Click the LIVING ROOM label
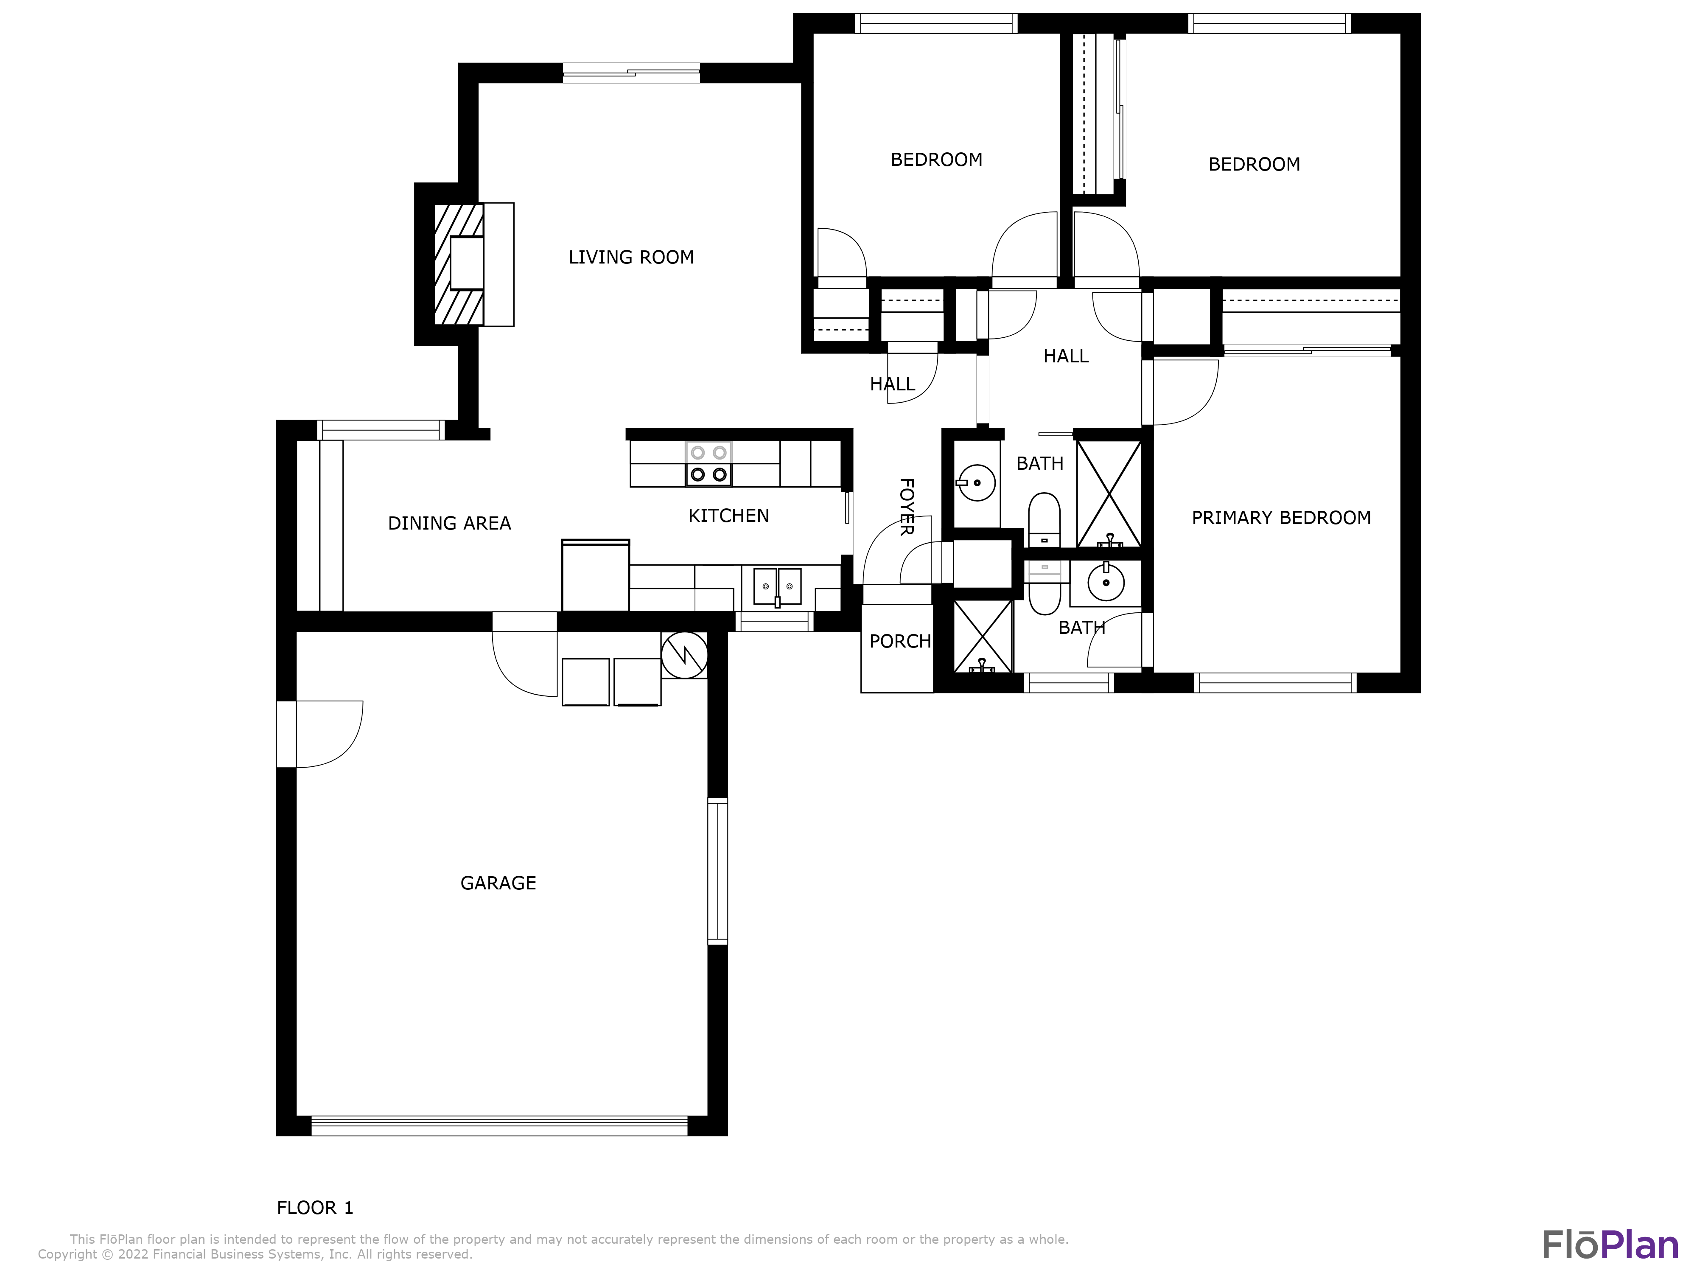click(630, 257)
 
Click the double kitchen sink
click(777, 587)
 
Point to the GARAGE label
click(498, 883)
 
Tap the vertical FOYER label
click(906, 506)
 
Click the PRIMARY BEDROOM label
click(1280, 518)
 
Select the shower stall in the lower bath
click(983, 636)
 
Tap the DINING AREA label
click(449, 523)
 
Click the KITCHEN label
click(728, 516)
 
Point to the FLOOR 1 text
click(314, 1208)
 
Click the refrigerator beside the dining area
click(595, 575)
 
